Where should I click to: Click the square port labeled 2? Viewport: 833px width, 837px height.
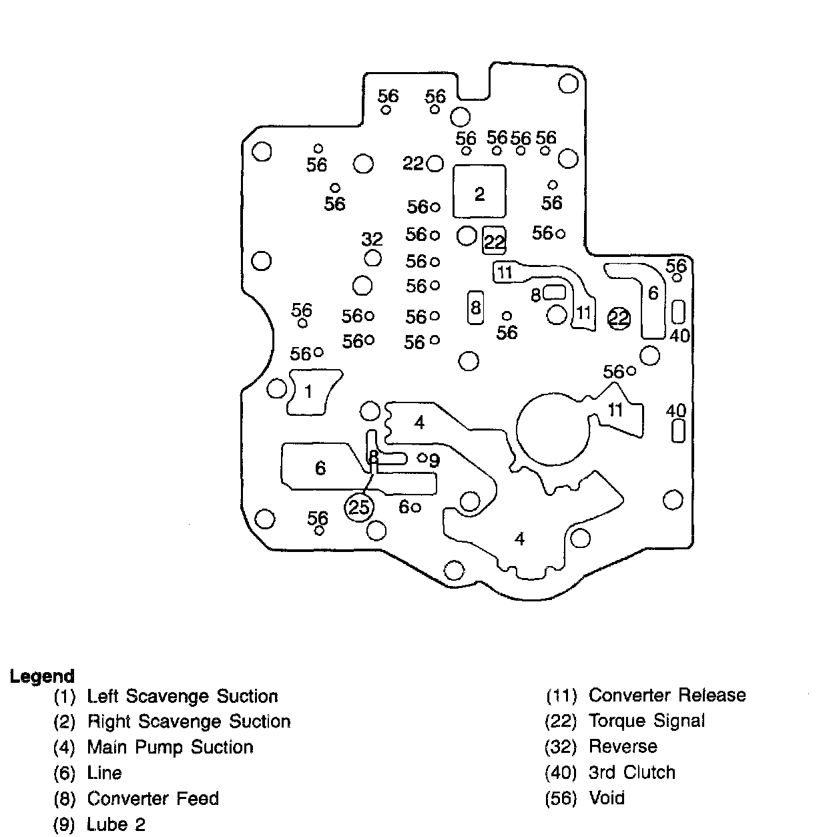(x=479, y=192)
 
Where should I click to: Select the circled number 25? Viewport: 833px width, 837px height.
(x=359, y=508)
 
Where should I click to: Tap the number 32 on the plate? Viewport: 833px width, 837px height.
(x=372, y=239)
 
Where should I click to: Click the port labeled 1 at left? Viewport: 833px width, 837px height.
(x=308, y=392)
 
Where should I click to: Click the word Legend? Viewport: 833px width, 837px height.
(x=41, y=676)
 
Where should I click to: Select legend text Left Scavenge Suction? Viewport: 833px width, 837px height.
(x=182, y=696)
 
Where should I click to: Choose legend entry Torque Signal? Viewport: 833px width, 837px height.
(x=646, y=721)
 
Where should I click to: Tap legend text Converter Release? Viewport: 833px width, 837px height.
(x=667, y=695)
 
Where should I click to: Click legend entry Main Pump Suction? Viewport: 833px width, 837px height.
(x=170, y=747)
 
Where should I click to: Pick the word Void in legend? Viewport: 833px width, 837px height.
(x=607, y=798)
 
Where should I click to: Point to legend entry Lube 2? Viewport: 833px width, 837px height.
(x=116, y=824)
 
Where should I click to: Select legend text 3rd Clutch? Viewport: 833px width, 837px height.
(x=631, y=772)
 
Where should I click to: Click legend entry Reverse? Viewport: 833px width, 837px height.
(x=623, y=746)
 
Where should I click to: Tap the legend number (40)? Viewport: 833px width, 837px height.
(x=561, y=773)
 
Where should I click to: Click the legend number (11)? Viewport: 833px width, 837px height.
(x=561, y=696)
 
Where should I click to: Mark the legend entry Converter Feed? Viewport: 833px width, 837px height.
(x=153, y=798)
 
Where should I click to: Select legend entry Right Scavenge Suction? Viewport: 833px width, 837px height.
(x=189, y=722)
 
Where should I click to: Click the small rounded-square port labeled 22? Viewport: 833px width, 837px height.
(x=494, y=240)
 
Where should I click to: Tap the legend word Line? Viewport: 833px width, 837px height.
(x=105, y=773)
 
